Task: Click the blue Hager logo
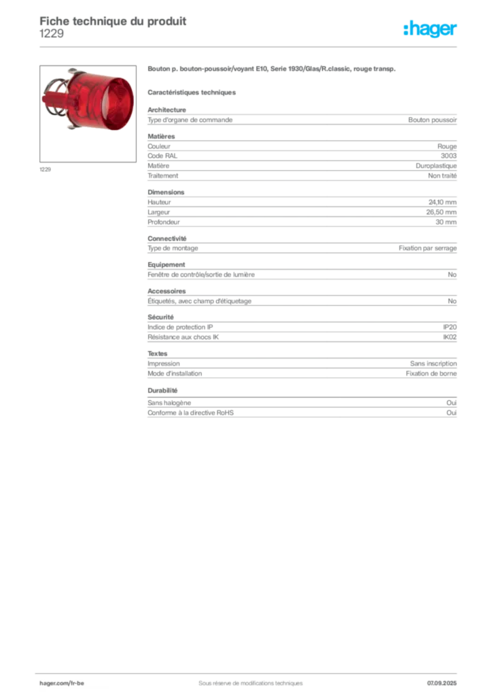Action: (431, 29)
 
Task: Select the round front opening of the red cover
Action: (119, 102)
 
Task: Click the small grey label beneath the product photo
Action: (46, 169)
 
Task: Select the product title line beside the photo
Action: (270, 70)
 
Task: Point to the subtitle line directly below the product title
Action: (192, 92)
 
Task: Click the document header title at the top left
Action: (113, 20)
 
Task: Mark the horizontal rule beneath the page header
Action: (249, 46)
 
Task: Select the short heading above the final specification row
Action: (163, 391)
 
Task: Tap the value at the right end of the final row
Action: (455, 410)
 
